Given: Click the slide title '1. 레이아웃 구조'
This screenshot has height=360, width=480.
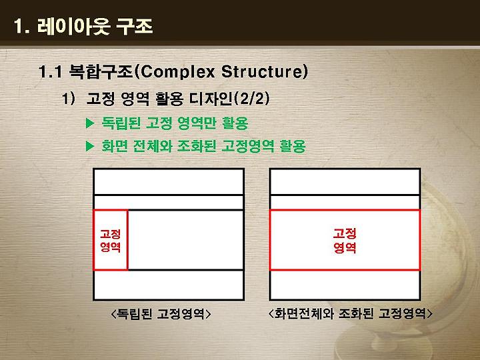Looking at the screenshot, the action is (x=83, y=26).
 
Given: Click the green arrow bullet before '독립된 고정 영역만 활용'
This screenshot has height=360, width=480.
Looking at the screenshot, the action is (x=90, y=123).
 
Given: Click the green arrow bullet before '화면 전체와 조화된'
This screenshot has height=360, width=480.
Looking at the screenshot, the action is (x=90, y=146).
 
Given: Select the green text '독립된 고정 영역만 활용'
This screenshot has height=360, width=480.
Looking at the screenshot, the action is (x=175, y=123).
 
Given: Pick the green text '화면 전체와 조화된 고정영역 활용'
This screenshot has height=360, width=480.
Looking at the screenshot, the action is (x=203, y=146).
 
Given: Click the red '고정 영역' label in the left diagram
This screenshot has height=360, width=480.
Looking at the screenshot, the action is (x=111, y=241).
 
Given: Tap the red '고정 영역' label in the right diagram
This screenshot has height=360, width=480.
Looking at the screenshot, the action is (x=345, y=241).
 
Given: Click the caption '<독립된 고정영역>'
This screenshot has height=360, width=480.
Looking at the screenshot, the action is (x=161, y=313).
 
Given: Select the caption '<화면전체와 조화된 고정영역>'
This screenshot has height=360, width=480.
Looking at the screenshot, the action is (x=350, y=313).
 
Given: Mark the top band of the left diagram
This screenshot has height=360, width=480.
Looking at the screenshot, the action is (x=169, y=182).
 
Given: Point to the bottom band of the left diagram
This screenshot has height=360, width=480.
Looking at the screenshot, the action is (x=169, y=285).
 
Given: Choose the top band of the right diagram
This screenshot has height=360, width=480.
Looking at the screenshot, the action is (x=345, y=182).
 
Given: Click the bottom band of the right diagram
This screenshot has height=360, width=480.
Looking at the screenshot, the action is (x=345, y=285).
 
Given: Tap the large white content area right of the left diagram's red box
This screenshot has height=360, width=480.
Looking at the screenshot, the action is (x=185, y=240).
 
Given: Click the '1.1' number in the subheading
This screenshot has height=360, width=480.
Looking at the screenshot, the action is (x=51, y=72).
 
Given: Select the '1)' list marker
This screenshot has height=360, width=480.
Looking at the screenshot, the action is (x=69, y=99).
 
